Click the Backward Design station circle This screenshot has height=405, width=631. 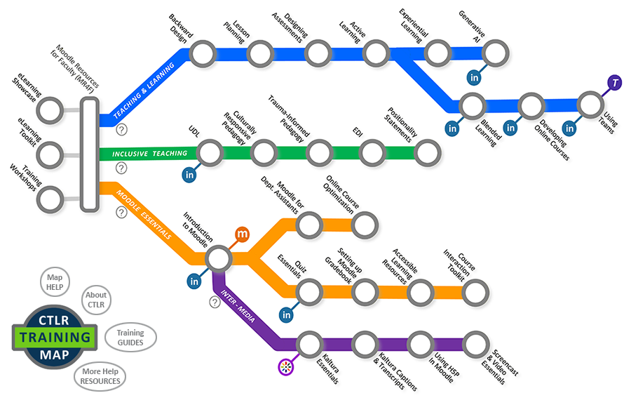203,53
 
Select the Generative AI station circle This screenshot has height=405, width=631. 496,53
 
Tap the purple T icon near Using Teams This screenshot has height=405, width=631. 614,83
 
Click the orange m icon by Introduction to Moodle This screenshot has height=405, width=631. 242,234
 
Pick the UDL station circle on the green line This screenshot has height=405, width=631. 210,153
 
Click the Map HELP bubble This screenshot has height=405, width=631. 55,282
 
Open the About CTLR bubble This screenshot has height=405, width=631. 96,300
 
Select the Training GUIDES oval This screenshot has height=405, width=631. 130,338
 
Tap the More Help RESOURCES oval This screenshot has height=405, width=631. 100,376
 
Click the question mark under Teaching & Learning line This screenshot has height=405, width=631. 122,129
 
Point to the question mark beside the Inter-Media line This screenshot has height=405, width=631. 215,302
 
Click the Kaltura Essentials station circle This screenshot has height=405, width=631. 309,345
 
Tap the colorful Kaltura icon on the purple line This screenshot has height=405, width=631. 286,366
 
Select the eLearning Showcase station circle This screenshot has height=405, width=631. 50,110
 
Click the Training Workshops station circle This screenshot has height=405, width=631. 50,199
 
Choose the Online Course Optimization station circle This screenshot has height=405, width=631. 365,225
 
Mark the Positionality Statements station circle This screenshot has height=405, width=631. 428,153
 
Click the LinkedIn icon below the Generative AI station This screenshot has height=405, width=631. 475,77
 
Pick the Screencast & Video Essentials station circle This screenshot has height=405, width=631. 475,345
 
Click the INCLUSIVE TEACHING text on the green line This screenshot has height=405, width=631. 150,154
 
